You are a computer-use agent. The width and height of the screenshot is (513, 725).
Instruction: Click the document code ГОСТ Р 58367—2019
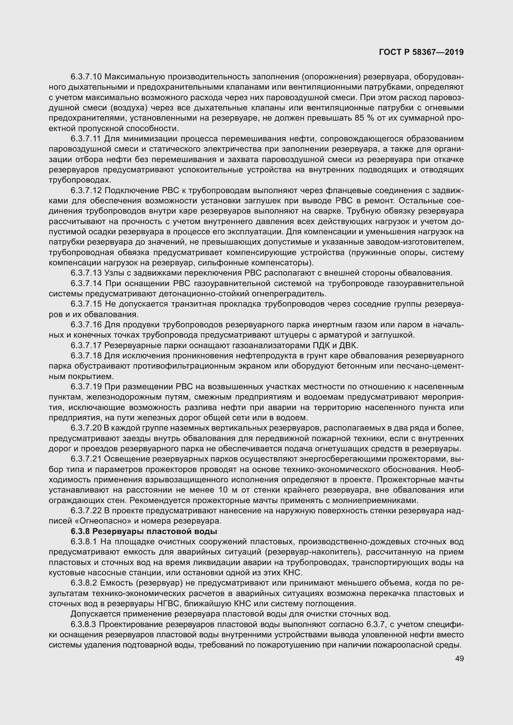click(421, 52)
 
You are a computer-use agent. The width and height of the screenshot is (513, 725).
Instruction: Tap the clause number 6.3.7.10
click(86, 77)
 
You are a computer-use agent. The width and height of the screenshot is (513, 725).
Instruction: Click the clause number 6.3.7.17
click(86, 345)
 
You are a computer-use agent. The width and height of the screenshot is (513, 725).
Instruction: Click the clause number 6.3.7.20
click(86, 428)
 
